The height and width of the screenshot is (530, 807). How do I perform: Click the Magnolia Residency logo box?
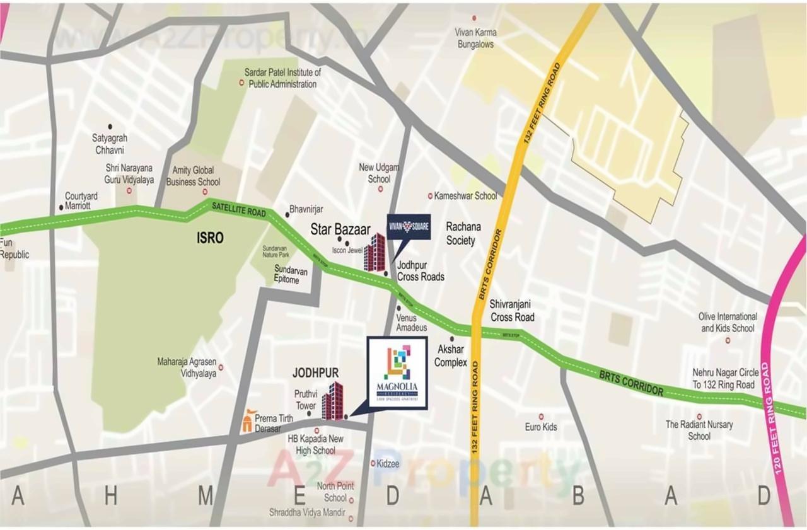[x=397, y=372]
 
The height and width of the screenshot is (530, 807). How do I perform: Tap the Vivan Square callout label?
[x=409, y=227]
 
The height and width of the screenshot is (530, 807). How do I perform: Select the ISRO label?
[x=210, y=238]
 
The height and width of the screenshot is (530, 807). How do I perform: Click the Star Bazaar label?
[x=340, y=229]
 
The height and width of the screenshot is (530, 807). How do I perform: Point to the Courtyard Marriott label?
[x=78, y=201]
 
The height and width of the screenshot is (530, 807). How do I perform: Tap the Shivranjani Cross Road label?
[x=512, y=311]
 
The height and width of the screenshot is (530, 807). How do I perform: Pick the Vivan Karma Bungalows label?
[x=475, y=38]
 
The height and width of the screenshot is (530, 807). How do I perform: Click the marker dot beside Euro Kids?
[x=541, y=417]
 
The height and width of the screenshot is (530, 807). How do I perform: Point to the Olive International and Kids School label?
[x=728, y=322]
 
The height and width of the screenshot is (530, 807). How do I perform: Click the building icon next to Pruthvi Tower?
[x=332, y=401]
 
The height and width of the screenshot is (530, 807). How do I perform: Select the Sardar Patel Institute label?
[x=282, y=78]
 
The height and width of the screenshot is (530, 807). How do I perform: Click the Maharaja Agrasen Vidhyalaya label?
[x=186, y=367]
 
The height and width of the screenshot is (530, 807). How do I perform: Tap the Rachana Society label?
[x=463, y=233]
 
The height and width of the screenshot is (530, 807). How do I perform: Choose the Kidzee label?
[x=388, y=463]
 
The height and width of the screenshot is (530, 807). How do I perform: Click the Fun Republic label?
[x=14, y=249]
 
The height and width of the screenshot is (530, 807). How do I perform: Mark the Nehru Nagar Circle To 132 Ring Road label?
[x=725, y=378]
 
